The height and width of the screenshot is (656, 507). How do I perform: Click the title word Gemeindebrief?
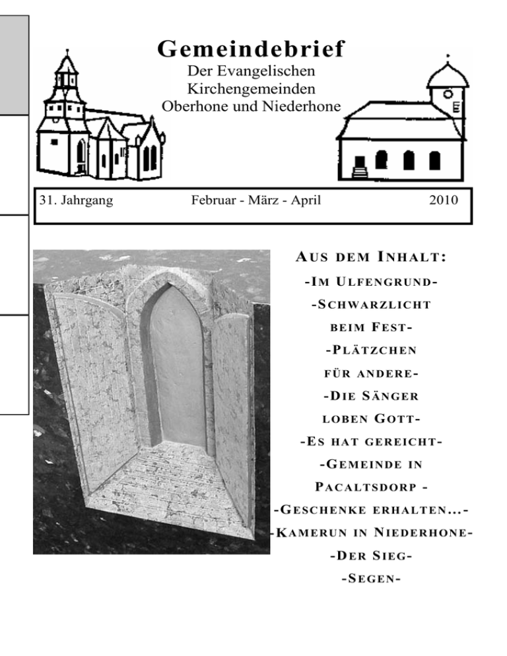pyautogui.click(x=251, y=49)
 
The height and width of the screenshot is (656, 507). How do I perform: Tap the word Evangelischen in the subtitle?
pyautogui.click(x=275, y=71)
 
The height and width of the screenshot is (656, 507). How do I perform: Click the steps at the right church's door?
pyautogui.click(x=360, y=173)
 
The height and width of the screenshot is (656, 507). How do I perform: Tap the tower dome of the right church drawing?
pyautogui.click(x=448, y=74)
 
